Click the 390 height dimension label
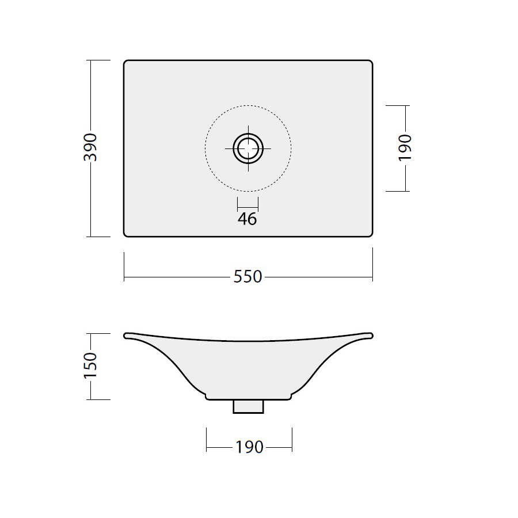click(x=90, y=147)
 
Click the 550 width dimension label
click(x=247, y=277)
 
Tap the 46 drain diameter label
click(x=247, y=219)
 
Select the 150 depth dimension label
click(x=90, y=365)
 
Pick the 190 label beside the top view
click(x=405, y=148)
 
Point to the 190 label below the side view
click(x=249, y=447)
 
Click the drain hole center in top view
click(x=248, y=148)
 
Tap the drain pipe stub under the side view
click(x=249, y=407)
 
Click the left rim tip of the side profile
click(x=125, y=336)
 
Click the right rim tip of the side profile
click(x=372, y=336)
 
